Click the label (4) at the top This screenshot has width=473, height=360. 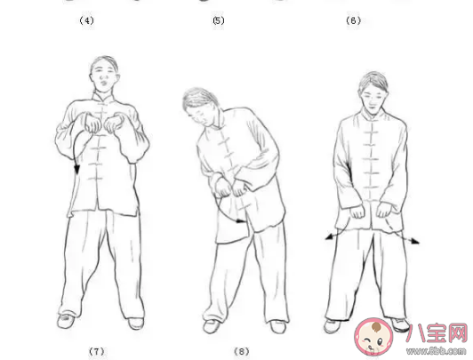(86, 20)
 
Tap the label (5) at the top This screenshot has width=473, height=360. (219, 20)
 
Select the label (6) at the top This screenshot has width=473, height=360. (353, 20)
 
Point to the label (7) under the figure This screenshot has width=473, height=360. (97, 351)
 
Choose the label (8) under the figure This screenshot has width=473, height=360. (242, 351)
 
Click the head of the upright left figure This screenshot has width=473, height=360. (104, 74)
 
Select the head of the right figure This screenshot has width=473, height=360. (373, 92)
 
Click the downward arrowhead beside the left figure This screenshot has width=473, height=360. (77, 169)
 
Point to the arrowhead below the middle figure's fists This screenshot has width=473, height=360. (240, 221)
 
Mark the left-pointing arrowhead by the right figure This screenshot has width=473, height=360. (329, 237)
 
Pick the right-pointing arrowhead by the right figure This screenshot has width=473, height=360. (415, 241)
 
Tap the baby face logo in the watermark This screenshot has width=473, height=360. (373, 337)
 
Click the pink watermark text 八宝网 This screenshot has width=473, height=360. (437, 333)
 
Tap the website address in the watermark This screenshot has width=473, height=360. (437, 350)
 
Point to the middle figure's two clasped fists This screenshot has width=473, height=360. (230, 188)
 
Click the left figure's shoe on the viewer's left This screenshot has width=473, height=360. (65, 321)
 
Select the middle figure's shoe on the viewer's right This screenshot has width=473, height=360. (277, 326)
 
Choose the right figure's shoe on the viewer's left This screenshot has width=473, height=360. (332, 326)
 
